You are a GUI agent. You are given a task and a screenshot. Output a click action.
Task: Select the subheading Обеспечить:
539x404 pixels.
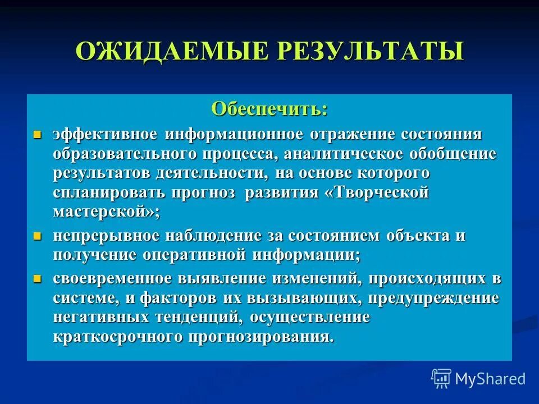pyautogui.click(x=269, y=108)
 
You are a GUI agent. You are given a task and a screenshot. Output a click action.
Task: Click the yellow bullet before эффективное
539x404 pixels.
pyautogui.click(x=38, y=135)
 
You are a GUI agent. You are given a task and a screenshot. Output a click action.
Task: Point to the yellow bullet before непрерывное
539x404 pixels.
pyautogui.click(x=38, y=235)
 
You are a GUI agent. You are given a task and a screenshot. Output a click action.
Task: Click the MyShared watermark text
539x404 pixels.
pyautogui.click(x=490, y=379)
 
